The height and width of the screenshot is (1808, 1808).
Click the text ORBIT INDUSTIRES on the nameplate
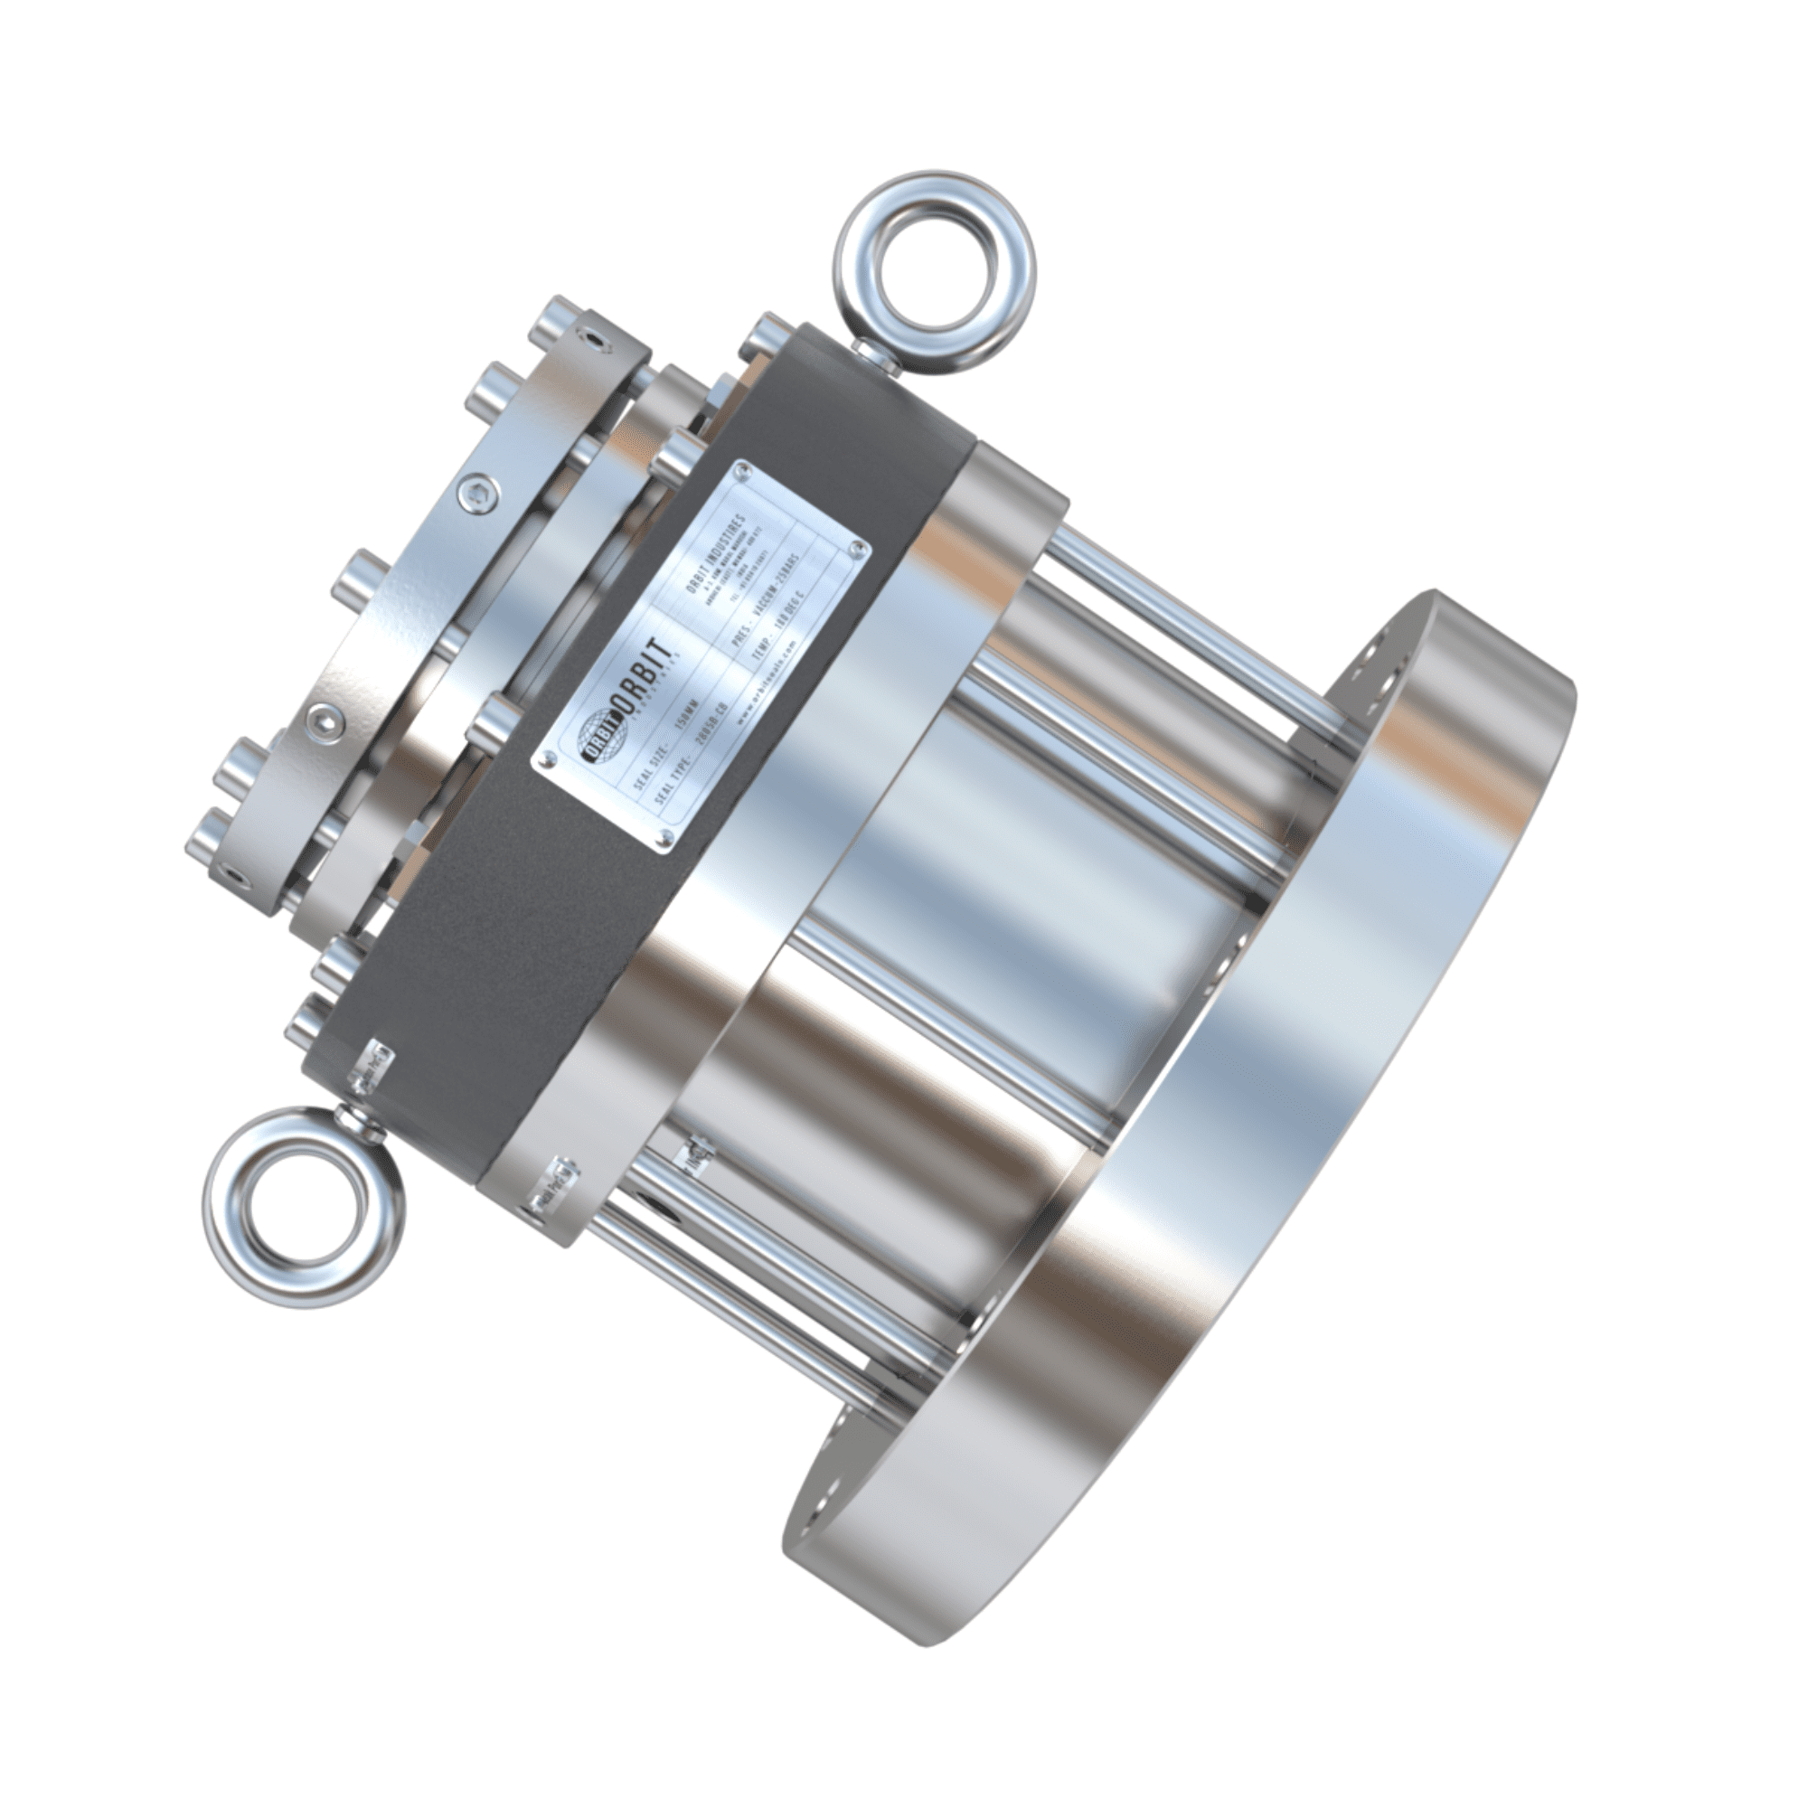(x=716, y=556)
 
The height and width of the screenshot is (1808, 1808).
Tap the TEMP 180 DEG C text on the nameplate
(x=777, y=628)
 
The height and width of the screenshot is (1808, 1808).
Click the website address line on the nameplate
(x=767, y=683)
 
